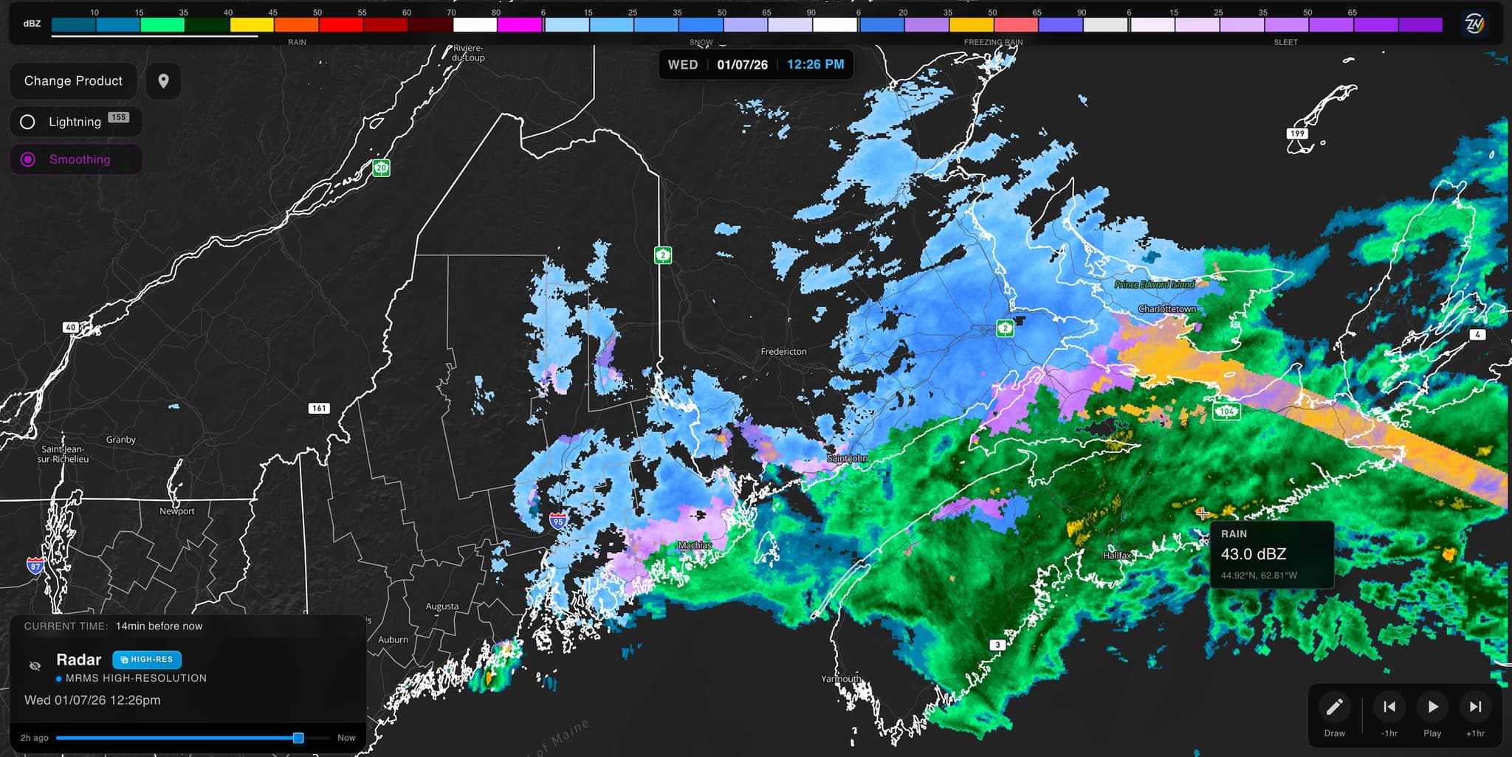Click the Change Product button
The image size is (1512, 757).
(73, 81)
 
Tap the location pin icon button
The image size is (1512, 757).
(163, 81)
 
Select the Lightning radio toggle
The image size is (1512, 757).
(28, 122)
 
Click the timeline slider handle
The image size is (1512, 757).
(298, 738)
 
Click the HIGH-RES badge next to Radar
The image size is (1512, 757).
(147, 660)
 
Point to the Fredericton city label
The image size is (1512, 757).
(783, 352)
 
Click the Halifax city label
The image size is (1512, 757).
(1117, 555)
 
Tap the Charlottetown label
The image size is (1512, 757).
(1166, 309)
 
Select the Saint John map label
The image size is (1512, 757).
(847, 458)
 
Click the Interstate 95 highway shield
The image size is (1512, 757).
(558, 522)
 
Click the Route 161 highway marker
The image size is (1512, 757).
(318, 408)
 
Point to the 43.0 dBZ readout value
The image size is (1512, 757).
(1253, 554)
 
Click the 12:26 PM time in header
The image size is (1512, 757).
(815, 65)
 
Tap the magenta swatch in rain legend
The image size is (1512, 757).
(519, 24)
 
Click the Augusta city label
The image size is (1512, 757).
(441, 606)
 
